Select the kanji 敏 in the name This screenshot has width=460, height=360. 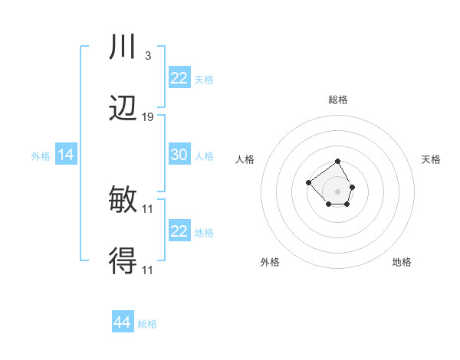pyautogui.click(x=123, y=200)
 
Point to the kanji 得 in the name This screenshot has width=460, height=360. pyautogui.click(x=123, y=260)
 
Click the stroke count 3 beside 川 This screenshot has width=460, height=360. pyautogui.click(x=147, y=56)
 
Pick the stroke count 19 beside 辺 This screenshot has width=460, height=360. pyautogui.click(x=148, y=116)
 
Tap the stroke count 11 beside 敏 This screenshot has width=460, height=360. pyautogui.click(x=148, y=208)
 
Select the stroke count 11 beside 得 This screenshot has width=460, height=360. pyautogui.click(x=148, y=269)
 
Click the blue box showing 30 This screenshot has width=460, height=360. pyautogui.click(x=179, y=155)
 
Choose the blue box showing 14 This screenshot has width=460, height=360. pyautogui.click(x=66, y=155)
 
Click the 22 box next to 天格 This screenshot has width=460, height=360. pyautogui.click(x=179, y=78)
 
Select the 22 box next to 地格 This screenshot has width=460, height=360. pyautogui.click(x=179, y=231)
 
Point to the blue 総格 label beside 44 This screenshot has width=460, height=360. pyautogui.click(x=147, y=324)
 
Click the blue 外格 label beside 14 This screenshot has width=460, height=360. pyautogui.click(x=41, y=156)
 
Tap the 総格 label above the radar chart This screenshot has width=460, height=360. pyautogui.click(x=338, y=100)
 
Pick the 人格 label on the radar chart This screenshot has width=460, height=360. pyautogui.click(x=245, y=159)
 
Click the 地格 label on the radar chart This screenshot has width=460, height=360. pyautogui.click(x=402, y=262)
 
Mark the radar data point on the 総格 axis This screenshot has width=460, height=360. pyautogui.click(x=338, y=162)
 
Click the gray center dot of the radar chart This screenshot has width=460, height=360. pyautogui.click(x=338, y=191)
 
